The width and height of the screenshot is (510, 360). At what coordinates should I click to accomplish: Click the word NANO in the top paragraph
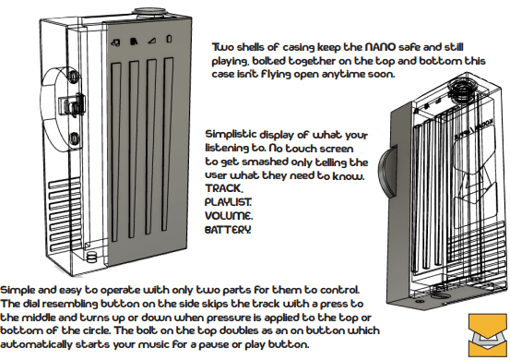pos(380,47)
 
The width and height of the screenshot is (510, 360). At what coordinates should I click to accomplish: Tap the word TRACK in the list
pos(223,188)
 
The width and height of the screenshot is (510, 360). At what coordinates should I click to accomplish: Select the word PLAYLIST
pos(228,202)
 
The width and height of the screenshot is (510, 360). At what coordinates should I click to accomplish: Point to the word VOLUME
pos(229,216)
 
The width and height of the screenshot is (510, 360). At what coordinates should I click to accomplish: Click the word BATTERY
pos(228,230)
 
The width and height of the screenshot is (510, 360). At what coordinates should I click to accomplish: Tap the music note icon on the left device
pos(115,42)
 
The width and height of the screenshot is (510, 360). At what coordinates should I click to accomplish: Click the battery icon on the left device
pos(169,39)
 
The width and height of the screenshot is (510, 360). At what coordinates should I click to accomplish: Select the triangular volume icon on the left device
pos(151,41)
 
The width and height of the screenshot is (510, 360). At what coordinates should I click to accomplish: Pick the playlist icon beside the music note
pos(134,42)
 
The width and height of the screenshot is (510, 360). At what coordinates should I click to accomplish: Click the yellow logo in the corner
pos(488,335)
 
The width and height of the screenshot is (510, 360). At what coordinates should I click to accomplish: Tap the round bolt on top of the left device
pos(150,13)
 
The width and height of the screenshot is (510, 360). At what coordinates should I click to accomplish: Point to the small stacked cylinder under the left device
pos(92,257)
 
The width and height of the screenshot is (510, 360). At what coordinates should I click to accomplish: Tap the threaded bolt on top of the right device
pos(462,90)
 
